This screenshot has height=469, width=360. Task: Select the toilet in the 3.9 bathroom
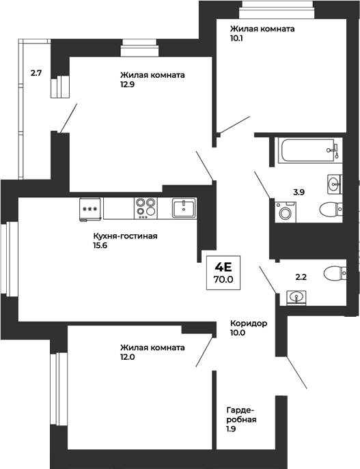click(x=330, y=209)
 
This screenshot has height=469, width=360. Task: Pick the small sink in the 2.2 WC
click(x=296, y=296)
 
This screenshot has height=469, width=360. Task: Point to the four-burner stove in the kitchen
click(x=145, y=207)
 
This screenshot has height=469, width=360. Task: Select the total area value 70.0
click(x=223, y=279)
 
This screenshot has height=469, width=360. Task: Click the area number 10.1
click(x=238, y=39)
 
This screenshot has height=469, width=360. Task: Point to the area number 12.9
click(x=128, y=85)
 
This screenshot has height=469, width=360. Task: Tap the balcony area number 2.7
click(x=36, y=70)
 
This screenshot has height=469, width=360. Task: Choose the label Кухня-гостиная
click(x=125, y=236)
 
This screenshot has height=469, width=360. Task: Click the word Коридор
click(x=248, y=323)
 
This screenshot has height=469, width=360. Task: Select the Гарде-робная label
click(x=242, y=415)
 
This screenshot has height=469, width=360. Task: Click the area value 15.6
click(x=101, y=246)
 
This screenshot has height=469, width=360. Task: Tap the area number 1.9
click(x=232, y=430)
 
